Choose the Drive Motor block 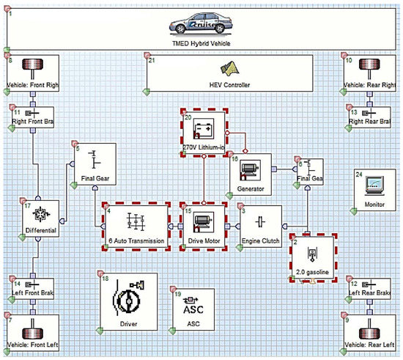tap(204, 224)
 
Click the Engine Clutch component tap(261, 224)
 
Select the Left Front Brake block tap(30, 289)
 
